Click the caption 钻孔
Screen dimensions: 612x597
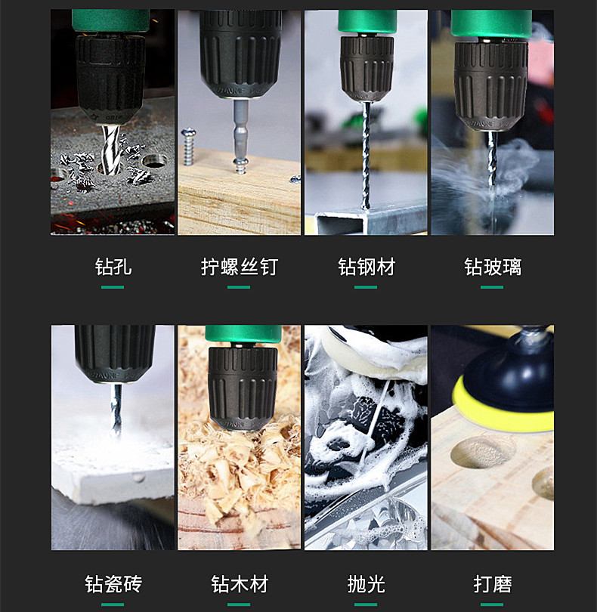pyautogui.click(x=113, y=267)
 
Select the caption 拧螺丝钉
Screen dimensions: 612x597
pyautogui.click(x=240, y=267)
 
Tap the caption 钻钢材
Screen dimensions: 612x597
pyautogui.click(x=367, y=267)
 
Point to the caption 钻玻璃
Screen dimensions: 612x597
pyautogui.click(x=493, y=267)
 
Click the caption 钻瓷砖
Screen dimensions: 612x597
pyautogui.click(x=113, y=584)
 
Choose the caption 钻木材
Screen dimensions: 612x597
pyautogui.click(x=240, y=584)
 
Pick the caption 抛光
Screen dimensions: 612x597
pyautogui.click(x=367, y=584)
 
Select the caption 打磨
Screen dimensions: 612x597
pyautogui.click(x=493, y=584)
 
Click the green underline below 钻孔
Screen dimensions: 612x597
pyautogui.click(x=113, y=287)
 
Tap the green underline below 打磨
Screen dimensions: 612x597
pyautogui.click(x=493, y=604)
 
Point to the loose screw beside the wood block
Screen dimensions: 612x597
pyautogui.click(x=189, y=146)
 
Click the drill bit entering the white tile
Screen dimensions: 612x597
pyautogui.click(x=116, y=408)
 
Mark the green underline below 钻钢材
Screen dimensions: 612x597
pyautogui.click(x=367, y=287)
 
